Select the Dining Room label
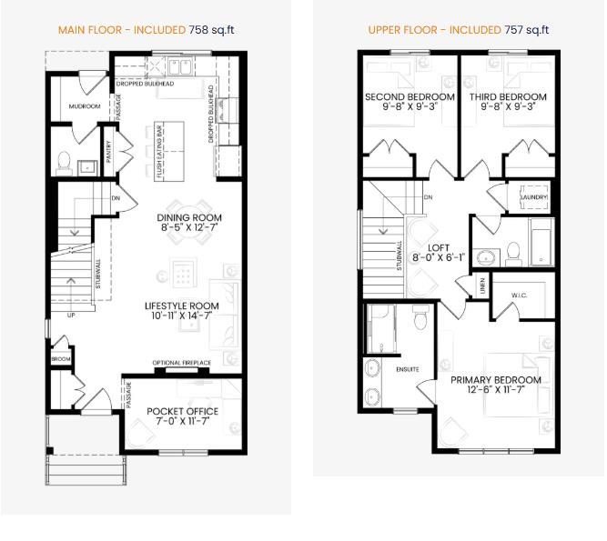(x=188, y=218)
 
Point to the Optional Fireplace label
(x=181, y=363)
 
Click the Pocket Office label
(x=182, y=411)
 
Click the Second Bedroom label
(x=410, y=97)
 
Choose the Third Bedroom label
(x=508, y=97)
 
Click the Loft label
(x=440, y=245)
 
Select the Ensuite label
(x=407, y=369)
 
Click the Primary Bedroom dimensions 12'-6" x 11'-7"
(x=496, y=392)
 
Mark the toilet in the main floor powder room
(x=64, y=164)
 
